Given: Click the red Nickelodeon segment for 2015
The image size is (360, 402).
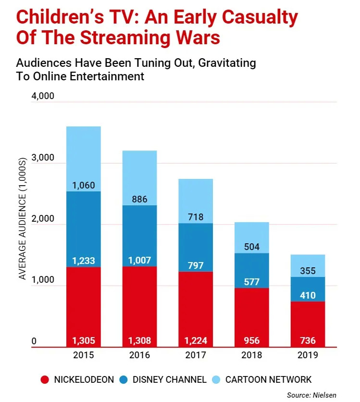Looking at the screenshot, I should pos(84,303).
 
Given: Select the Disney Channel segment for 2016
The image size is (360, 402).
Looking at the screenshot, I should pos(139,231).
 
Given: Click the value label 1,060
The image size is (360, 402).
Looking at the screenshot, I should pos(84,186).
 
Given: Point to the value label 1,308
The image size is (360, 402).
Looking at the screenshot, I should pos(139,341).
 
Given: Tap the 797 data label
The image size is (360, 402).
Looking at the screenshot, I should pos(196,265).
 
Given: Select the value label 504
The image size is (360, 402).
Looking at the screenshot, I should pos(251,247).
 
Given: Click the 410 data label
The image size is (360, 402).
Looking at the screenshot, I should pos(308,295).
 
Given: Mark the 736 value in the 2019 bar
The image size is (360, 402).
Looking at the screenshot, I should pos(308,341).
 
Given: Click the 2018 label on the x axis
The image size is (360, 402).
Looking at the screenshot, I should pos(251,356).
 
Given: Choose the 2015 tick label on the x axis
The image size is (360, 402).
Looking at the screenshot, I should pos(84,356).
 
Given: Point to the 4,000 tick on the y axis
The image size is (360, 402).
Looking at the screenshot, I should pos(43,96).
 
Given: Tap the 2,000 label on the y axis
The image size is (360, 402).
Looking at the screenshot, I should pos(43,219).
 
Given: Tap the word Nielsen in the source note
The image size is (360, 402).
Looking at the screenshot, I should pos(325,395).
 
